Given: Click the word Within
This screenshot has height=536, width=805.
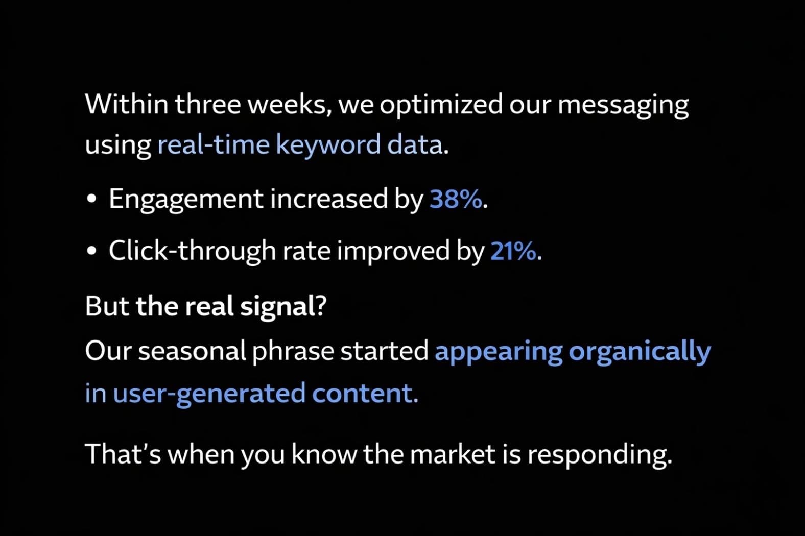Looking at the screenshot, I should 126,104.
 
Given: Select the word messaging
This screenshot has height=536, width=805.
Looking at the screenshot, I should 623,105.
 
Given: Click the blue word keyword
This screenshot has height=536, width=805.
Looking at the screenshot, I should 328,145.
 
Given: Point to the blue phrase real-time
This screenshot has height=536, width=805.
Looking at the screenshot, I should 213,144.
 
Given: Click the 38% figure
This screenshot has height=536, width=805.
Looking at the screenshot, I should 456,199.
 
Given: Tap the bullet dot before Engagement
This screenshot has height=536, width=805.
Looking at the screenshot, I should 91,199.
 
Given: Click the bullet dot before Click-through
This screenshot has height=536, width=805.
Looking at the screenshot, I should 91,251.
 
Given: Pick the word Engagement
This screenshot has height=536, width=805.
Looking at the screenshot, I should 186,199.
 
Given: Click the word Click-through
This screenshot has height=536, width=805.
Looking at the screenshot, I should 192,251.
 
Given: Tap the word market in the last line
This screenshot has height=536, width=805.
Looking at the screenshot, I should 453,454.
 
